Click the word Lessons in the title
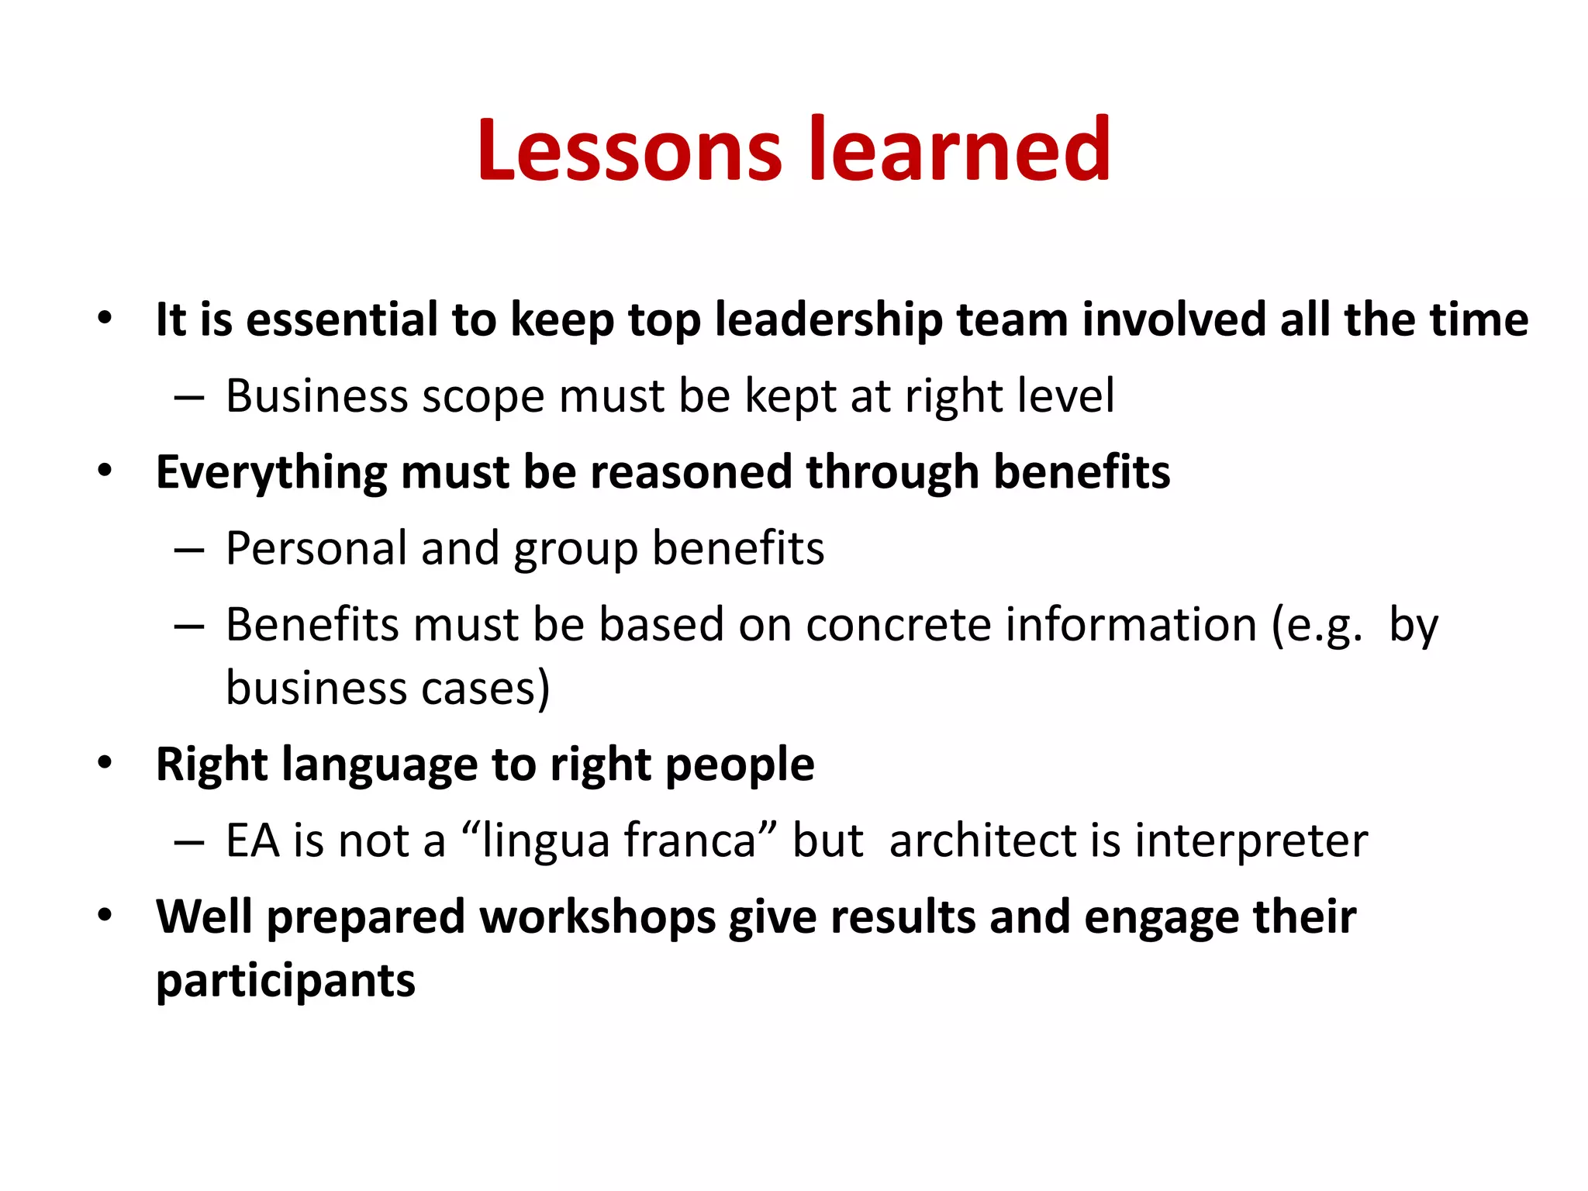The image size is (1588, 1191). pos(629,149)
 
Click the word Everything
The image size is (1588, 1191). pos(271,472)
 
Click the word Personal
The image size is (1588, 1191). pos(316,549)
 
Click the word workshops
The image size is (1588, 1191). pos(597,917)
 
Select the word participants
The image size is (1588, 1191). pos(285,981)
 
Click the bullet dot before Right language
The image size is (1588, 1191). pos(105,763)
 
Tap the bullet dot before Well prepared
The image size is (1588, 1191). pos(105,916)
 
